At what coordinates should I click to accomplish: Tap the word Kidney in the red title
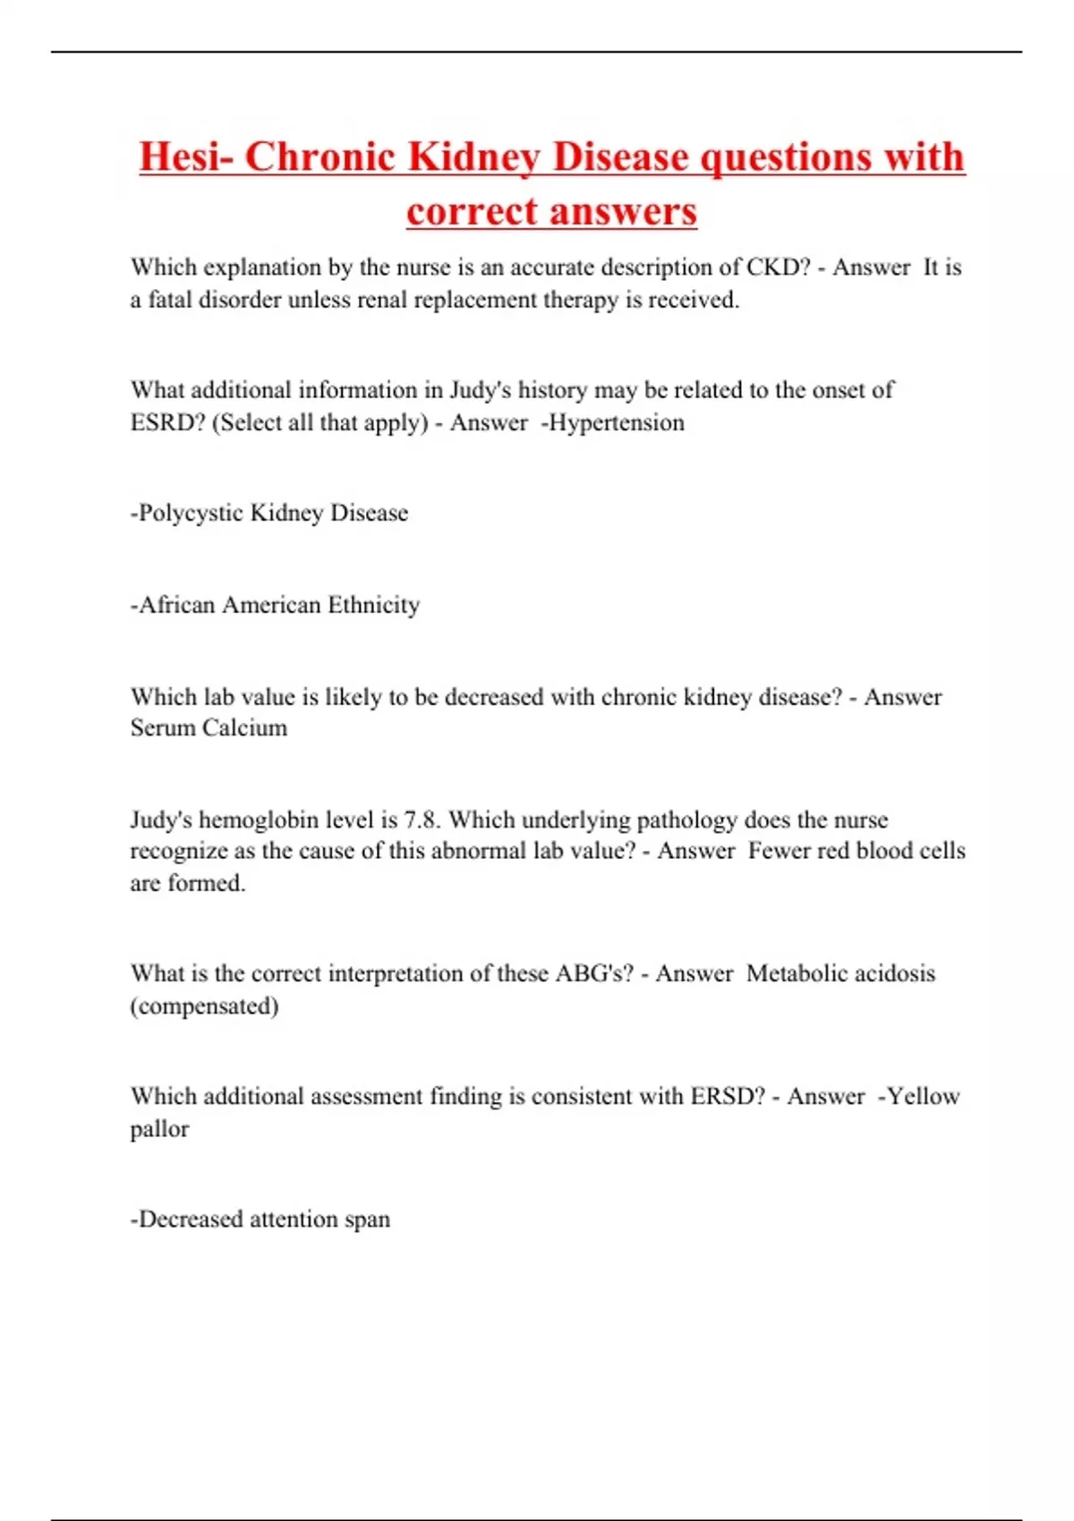(474, 157)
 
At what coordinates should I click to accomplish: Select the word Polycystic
(190, 514)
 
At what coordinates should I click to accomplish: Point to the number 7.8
(422, 820)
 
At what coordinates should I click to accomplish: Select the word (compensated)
(204, 1007)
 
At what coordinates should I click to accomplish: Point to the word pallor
(159, 1129)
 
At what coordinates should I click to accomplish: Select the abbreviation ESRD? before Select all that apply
(167, 422)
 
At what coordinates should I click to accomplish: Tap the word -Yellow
(918, 1097)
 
